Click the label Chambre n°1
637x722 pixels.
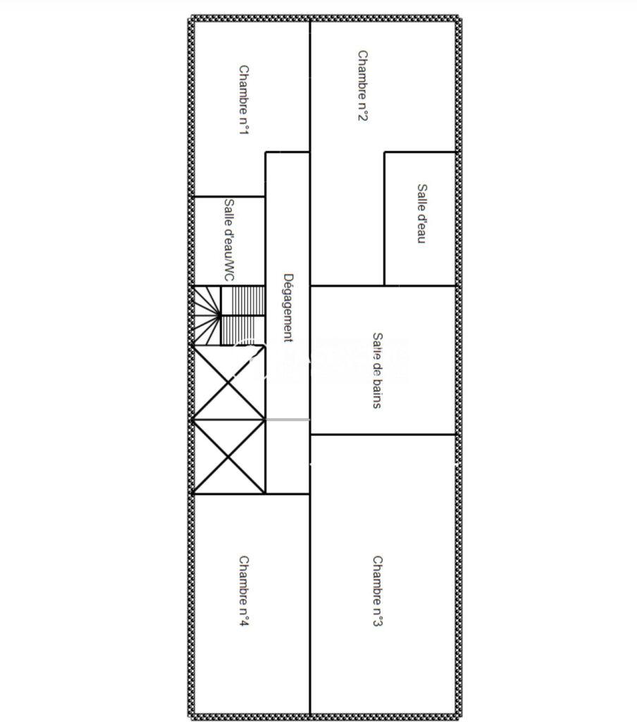click(x=244, y=100)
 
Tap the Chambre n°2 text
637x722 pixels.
click(x=363, y=85)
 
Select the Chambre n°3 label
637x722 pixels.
click(x=378, y=592)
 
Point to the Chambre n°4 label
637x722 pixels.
click(x=244, y=592)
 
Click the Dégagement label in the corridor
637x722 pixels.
click(x=288, y=308)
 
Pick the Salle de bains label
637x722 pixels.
click(x=378, y=371)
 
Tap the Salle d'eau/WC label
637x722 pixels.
click(x=229, y=240)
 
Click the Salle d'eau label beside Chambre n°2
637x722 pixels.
click(x=421, y=214)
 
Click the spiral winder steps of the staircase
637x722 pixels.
click(x=206, y=315)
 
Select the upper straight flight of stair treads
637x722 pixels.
click(x=243, y=300)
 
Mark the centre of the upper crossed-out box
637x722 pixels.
click(x=229, y=381)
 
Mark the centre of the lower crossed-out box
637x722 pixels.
click(x=229, y=457)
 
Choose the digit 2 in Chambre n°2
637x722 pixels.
click(x=363, y=117)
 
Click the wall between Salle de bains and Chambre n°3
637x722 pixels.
click(x=383, y=434)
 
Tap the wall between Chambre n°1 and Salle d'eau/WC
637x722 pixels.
click(x=229, y=197)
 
